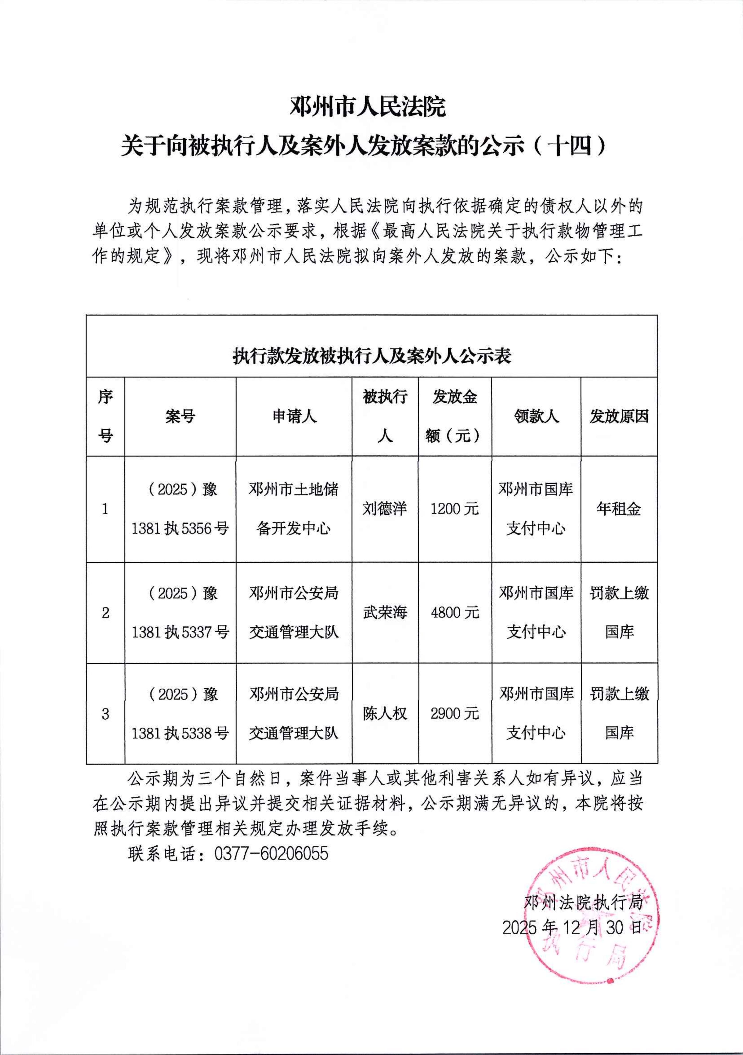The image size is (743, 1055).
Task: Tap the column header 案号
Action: tap(180, 416)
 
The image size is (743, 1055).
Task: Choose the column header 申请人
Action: tap(294, 416)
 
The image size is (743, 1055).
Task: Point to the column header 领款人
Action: tap(536, 416)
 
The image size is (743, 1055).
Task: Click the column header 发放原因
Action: tap(619, 416)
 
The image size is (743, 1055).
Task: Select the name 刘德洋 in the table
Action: tap(385, 509)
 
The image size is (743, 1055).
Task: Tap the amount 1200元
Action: tap(454, 509)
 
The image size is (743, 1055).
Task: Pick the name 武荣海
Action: tap(385, 613)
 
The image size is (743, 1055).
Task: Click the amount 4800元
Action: tap(454, 613)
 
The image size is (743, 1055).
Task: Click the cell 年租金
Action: tap(619, 509)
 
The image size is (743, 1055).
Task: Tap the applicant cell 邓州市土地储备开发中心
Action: tap(294, 509)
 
